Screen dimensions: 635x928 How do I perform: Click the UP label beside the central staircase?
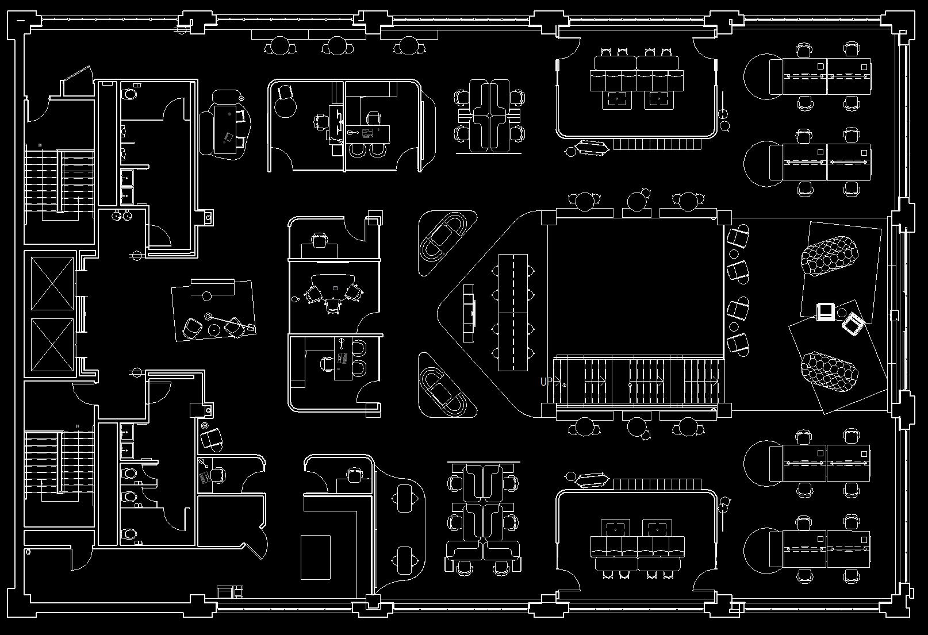coord(546,381)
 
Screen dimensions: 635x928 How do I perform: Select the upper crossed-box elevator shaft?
coord(52,284)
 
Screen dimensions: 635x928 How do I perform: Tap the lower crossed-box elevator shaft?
coord(52,344)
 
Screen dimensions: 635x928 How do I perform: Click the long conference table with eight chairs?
coord(513,312)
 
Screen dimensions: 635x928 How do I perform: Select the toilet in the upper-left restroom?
coord(131,93)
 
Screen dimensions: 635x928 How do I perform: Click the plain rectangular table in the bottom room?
coord(316,556)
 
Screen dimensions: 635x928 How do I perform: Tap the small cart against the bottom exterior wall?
coord(229,591)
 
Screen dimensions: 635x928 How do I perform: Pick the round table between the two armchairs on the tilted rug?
coord(213,329)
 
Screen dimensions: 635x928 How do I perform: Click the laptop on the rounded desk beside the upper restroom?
coord(229,137)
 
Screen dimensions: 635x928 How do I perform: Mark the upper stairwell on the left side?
coord(59,182)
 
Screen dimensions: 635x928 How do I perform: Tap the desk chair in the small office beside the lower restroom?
coord(217,475)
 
